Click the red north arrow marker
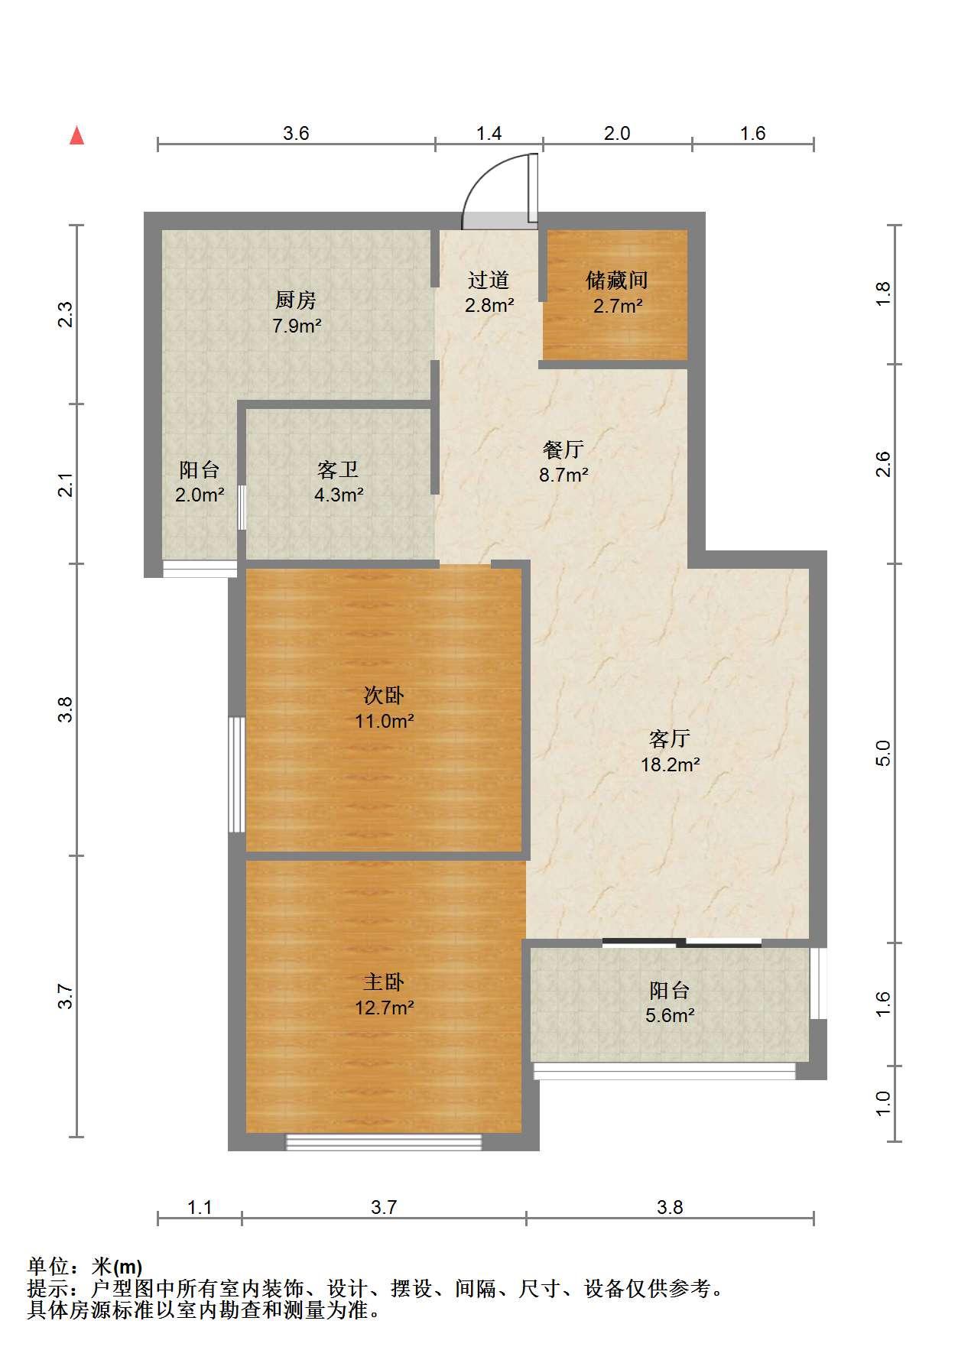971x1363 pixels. click(76, 135)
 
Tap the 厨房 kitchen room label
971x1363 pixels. click(296, 300)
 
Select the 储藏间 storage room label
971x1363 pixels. click(617, 281)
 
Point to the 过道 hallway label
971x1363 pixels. click(489, 281)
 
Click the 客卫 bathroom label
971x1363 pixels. click(338, 469)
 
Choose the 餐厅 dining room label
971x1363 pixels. click(563, 449)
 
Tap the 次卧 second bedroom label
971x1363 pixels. click(384, 696)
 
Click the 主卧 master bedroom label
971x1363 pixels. click(384, 982)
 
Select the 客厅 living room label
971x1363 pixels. click(670, 738)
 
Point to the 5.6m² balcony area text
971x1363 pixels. click(671, 1016)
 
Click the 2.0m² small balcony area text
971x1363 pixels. click(200, 495)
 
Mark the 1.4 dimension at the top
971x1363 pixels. click(489, 134)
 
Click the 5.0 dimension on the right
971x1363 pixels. click(883, 754)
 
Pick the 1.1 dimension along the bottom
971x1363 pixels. click(200, 1207)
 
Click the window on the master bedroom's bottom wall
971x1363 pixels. click(384, 1142)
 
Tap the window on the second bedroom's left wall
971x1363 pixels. click(237, 774)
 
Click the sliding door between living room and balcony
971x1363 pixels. click(682, 943)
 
